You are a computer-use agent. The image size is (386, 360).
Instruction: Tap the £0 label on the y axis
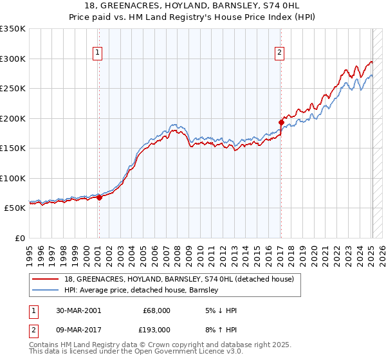19,239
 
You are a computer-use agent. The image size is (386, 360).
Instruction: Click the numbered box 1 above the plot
98,53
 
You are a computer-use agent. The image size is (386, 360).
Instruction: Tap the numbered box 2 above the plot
280,53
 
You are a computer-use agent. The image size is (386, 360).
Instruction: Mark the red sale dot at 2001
100,198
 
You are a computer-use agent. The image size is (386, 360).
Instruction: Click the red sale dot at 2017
281,122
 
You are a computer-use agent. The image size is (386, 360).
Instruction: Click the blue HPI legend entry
142,291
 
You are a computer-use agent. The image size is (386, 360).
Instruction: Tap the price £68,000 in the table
156,310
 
